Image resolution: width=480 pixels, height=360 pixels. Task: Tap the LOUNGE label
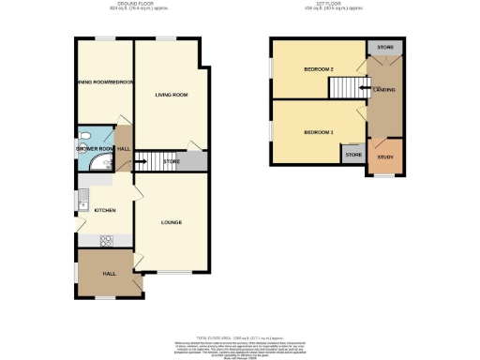click(171, 222)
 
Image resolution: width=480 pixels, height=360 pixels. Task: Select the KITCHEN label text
click(104, 211)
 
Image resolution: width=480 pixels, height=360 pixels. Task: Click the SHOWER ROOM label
click(94, 149)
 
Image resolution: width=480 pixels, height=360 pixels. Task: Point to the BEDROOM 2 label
click(319, 69)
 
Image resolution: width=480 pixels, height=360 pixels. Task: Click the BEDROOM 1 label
click(318, 132)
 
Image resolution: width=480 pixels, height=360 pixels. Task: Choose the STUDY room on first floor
click(385, 157)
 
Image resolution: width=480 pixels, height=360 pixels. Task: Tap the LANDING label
click(383, 90)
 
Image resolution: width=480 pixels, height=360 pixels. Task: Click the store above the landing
click(384, 46)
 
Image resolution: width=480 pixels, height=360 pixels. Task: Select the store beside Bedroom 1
click(353, 154)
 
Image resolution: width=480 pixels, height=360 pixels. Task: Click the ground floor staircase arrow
click(151, 161)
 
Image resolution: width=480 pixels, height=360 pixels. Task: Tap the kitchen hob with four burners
click(105, 240)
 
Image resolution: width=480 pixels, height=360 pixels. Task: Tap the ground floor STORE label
click(171, 162)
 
